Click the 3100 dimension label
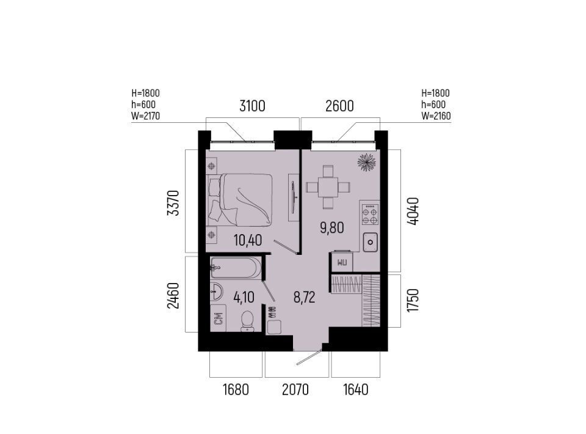pyautogui.click(x=252, y=106)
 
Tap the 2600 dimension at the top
pyautogui.click(x=339, y=106)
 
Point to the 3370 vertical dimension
pyautogui.click(x=173, y=203)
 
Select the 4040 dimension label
pyautogui.click(x=413, y=211)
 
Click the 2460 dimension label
pyautogui.click(x=173, y=296)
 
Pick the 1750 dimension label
pyautogui.click(x=413, y=300)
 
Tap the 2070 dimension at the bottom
pyautogui.click(x=295, y=390)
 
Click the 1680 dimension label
pyautogui.click(x=236, y=390)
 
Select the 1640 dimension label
pyautogui.click(x=356, y=390)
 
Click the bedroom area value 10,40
pyautogui.click(x=248, y=240)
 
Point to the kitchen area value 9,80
pyautogui.click(x=332, y=227)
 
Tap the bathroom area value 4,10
pyautogui.click(x=244, y=298)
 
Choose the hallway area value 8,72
pyautogui.click(x=304, y=298)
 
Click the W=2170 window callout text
pyautogui.click(x=145, y=116)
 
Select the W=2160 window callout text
pyautogui.click(x=436, y=116)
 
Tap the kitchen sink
pyautogui.click(x=370, y=242)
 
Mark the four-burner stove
pyautogui.click(x=370, y=215)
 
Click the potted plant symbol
pyautogui.click(x=366, y=162)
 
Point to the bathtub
pyautogui.click(x=236, y=268)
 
